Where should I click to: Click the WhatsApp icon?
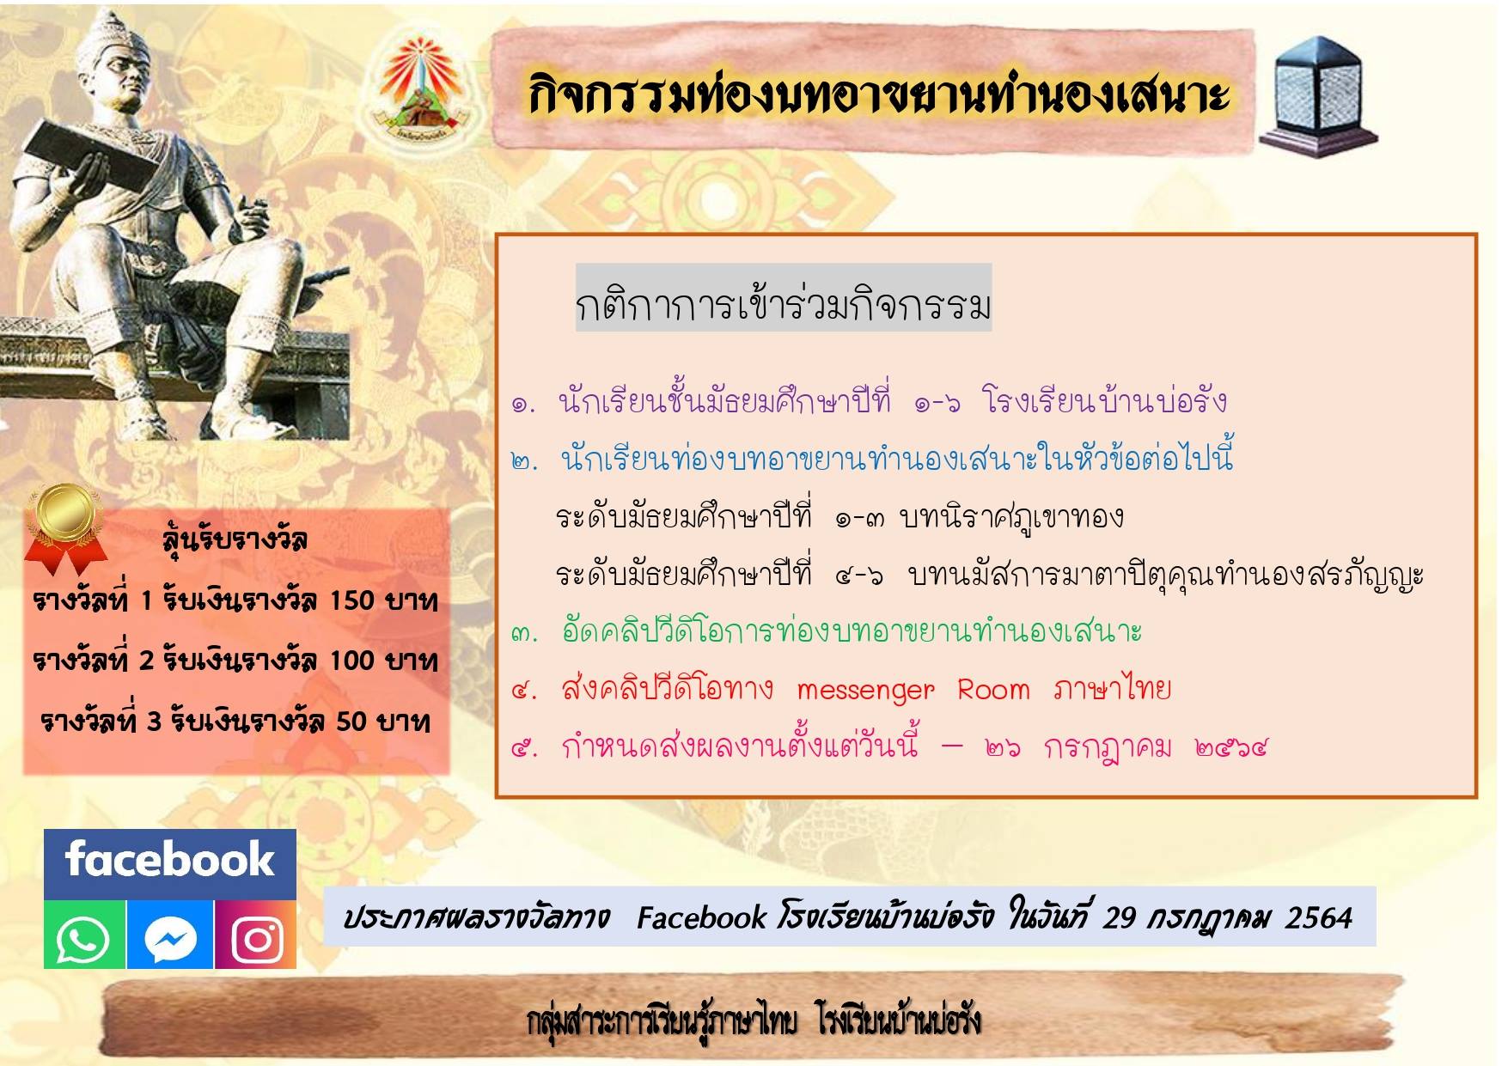pyautogui.click(x=84, y=935)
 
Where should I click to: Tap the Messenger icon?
pyautogui.click(x=170, y=935)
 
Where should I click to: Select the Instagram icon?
pyautogui.click(x=256, y=935)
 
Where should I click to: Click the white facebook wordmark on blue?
pyautogui.click(x=169, y=860)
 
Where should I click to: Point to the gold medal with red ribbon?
pyautogui.click(x=64, y=526)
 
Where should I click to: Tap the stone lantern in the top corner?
pyautogui.click(x=1318, y=96)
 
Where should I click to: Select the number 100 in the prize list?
pyautogui.click(x=352, y=661)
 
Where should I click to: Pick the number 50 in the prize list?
pyautogui.click(x=351, y=721)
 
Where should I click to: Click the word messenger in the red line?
pyautogui.click(x=865, y=691)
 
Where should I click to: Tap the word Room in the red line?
pyautogui.click(x=993, y=689)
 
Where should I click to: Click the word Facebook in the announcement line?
pyautogui.click(x=701, y=918)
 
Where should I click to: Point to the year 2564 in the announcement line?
pyautogui.click(x=1319, y=918)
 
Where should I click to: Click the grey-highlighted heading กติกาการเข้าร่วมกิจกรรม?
pyautogui.click(x=784, y=305)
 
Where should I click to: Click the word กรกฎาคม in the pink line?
pyautogui.click(x=1108, y=748)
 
